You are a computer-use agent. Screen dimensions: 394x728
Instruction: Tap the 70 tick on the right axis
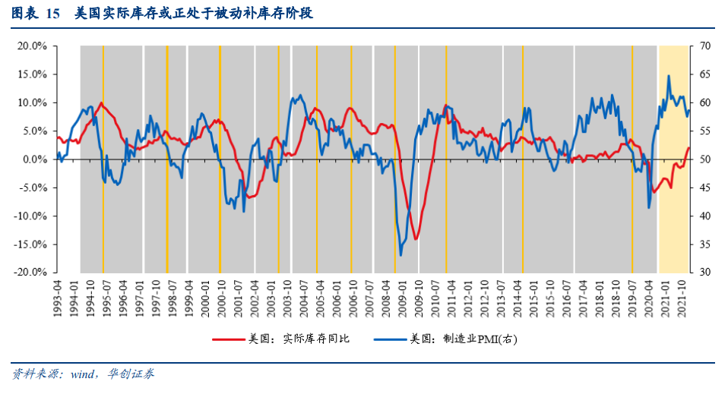pos(704,46)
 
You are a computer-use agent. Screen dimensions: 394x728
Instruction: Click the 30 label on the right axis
pos(704,273)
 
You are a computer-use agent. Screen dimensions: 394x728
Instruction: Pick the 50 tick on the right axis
pos(704,159)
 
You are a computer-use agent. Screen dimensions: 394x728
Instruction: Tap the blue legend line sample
pos(388,339)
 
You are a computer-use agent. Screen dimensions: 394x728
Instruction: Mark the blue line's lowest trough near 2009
pos(400,255)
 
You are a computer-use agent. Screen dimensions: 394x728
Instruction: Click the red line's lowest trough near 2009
pos(416,239)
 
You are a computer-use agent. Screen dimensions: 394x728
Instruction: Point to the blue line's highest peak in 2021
pos(669,76)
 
